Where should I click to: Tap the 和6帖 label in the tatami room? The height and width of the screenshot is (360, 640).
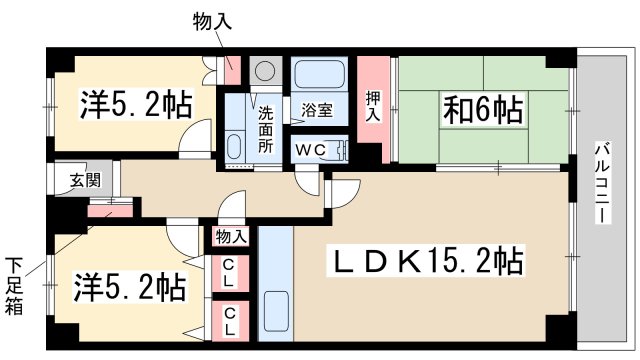[x=483, y=109]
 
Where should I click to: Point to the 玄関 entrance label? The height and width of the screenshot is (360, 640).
[x=84, y=181]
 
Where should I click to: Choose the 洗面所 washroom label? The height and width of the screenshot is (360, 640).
[x=266, y=129]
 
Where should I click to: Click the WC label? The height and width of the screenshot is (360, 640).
[x=307, y=149]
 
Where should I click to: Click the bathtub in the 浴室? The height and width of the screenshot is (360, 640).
[x=318, y=76]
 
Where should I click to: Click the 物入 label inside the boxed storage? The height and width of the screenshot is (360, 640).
[x=232, y=237]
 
